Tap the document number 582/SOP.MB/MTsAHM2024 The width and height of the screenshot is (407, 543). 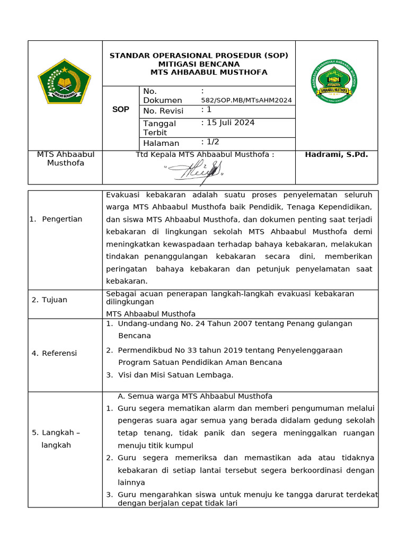pos(246,100)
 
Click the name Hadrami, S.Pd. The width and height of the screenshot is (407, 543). pos(336,154)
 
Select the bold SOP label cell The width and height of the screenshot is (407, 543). pos(120,110)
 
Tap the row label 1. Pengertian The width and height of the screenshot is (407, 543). pos(56,219)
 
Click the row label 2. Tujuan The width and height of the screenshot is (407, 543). pos(49,300)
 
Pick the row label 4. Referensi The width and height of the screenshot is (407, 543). pos(54,353)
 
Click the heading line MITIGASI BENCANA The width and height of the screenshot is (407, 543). pos(199,64)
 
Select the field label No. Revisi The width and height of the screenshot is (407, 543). pos(163,111)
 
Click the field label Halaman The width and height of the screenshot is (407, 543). pos(161,143)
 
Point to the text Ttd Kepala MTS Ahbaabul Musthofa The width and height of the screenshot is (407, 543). pos(205,154)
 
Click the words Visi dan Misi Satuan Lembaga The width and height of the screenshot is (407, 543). pos(175,375)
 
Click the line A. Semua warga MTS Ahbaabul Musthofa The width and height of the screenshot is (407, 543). pos(194,396)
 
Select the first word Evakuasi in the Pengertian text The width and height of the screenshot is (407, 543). pos(123,195)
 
